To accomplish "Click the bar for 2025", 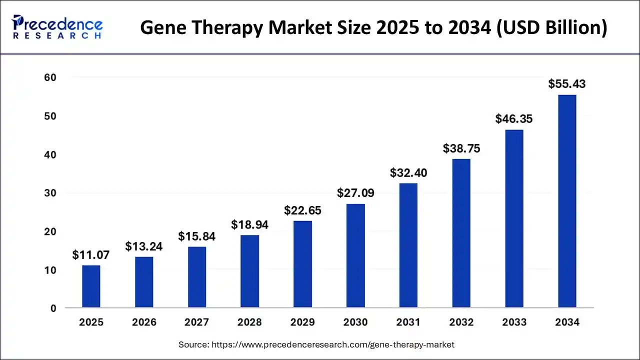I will (x=91, y=286).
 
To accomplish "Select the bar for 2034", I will (x=567, y=201).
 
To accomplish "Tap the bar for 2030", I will (x=355, y=255).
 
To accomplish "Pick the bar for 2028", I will (x=249, y=271).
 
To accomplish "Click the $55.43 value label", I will (x=566, y=84).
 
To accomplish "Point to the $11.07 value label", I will (x=91, y=255).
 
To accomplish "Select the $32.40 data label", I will (x=408, y=173).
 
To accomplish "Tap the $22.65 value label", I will (x=302, y=210).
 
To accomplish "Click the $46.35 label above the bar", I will (x=513, y=119).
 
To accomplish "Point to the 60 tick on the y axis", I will (x=49, y=77).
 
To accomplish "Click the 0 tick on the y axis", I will (x=53, y=308).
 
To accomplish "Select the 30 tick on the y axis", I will (x=49, y=193).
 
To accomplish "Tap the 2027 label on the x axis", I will (x=197, y=322).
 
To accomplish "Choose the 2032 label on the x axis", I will (x=461, y=322).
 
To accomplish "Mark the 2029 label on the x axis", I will (x=302, y=322).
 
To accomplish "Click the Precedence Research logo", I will (x=57, y=27).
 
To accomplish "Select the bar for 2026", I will (x=144, y=282).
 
